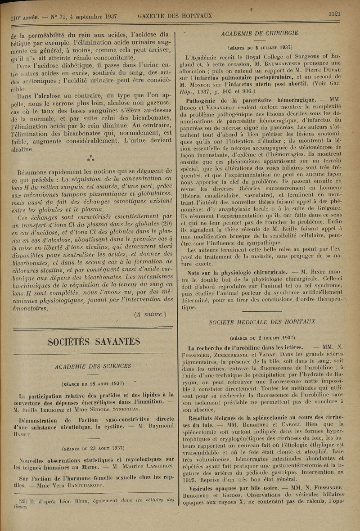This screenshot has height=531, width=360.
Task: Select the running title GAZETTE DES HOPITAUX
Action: coord(175,17)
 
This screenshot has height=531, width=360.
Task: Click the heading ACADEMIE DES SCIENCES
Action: coord(93,366)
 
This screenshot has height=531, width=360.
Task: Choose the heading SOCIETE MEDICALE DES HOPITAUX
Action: coord(262,322)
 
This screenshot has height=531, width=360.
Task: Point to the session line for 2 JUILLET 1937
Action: coord(262,337)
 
